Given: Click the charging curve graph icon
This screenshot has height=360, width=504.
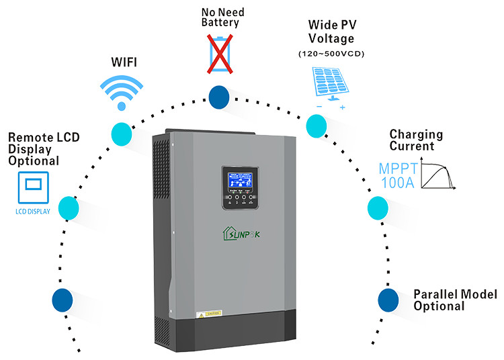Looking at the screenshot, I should pos(440,174).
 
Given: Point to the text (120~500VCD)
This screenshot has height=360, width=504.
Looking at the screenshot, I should pos(331,54).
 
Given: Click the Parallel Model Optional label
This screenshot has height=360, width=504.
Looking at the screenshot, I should pos(454,300).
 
